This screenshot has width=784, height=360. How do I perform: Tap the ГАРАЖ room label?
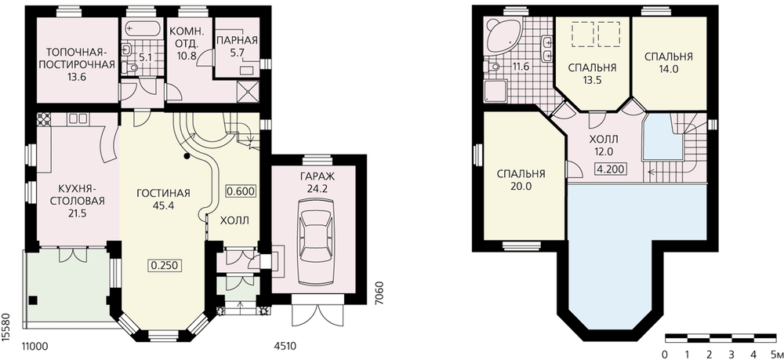pos(314,176)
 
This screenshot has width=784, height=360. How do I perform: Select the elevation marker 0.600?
pos(241,191)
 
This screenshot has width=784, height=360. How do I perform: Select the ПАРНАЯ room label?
pos(238,41)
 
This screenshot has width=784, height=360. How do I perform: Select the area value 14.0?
pos(669,70)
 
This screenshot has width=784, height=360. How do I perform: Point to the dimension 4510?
pos(286,346)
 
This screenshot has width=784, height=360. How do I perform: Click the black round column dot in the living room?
pos(187,156)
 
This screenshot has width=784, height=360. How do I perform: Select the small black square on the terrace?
pos(33,300)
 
